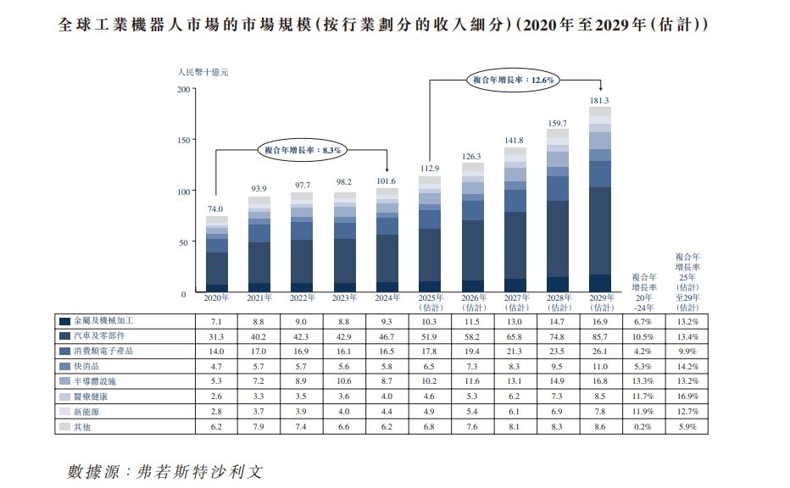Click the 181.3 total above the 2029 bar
(x=599, y=101)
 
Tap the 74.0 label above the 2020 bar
(x=215, y=209)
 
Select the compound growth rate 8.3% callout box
(x=301, y=150)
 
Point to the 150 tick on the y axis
(x=181, y=140)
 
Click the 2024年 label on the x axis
(x=387, y=298)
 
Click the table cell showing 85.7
(x=599, y=336)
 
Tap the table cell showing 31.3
(x=215, y=336)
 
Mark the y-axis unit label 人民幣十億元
(x=203, y=72)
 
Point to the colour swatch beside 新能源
(x=64, y=411)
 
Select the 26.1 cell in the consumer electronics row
(x=599, y=351)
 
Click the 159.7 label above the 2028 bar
(x=557, y=123)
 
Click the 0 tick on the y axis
(x=183, y=294)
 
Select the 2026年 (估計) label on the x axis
(x=472, y=302)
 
